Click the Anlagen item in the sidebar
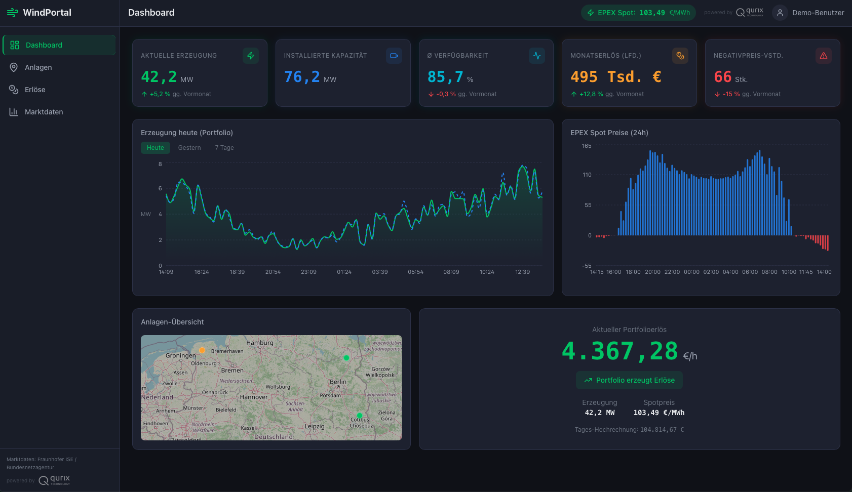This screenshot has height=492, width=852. (x=38, y=67)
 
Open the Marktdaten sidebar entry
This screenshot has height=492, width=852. (x=44, y=112)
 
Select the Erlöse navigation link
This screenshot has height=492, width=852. (x=35, y=90)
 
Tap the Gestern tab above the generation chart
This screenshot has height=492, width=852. (x=189, y=148)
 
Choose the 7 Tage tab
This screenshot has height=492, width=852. (x=224, y=148)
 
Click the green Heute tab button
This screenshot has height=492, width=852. (x=156, y=148)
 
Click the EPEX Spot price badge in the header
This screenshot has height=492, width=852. (x=638, y=13)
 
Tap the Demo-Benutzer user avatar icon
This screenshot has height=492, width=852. (x=780, y=13)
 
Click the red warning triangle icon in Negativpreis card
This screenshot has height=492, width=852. (x=824, y=56)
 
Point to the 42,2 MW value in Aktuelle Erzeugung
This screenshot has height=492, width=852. (x=159, y=77)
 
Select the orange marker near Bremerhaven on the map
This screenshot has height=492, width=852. (x=202, y=350)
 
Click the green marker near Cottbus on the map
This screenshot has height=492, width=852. (x=360, y=416)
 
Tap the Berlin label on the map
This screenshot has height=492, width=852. (x=338, y=382)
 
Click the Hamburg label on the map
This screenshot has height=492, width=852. (x=260, y=343)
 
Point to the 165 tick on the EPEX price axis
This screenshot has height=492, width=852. (x=587, y=146)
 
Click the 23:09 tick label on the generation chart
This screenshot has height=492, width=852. (x=308, y=272)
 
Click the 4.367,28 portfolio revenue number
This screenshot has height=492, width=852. (x=619, y=351)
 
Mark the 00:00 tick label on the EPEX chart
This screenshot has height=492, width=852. (x=691, y=272)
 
